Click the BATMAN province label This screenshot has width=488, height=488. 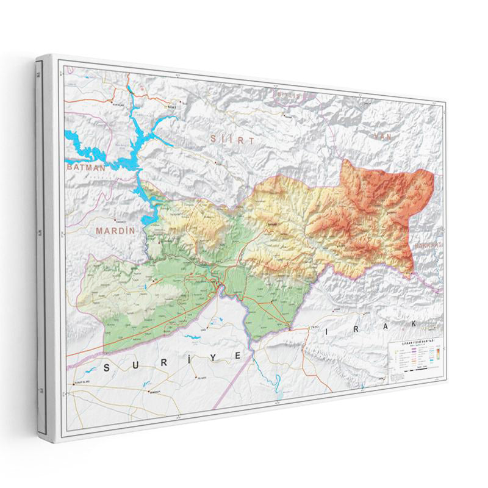(x=85, y=166)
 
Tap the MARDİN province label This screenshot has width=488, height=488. (x=115, y=231)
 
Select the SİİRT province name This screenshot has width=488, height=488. (x=232, y=140)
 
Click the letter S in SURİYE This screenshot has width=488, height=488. (x=109, y=367)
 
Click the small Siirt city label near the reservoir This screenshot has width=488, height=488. (x=172, y=107)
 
